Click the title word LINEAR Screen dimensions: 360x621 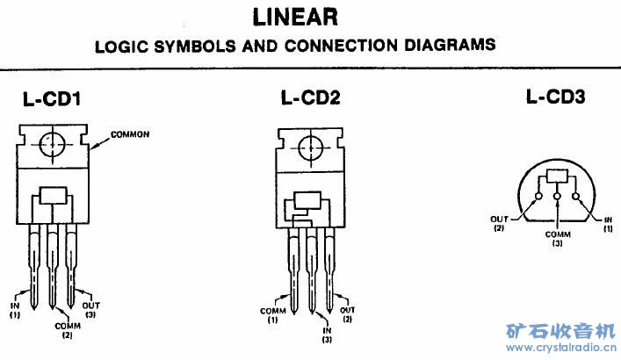click(x=295, y=17)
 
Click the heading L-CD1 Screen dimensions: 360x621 click(x=52, y=101)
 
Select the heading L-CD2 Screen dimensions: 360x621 click(x=311, y=98)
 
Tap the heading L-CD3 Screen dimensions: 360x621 click(x=555, y=97)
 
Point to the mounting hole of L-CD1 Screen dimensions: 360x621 click(x=54, y=143)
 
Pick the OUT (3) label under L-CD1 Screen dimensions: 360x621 click(x=90, y=308)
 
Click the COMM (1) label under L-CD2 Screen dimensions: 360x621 click(x=273, y=313)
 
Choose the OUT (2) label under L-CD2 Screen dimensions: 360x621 click(x=348, y=313)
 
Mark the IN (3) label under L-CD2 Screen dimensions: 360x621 click(x=327, y=334)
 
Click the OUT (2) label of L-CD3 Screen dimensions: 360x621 click(x=498, y=223)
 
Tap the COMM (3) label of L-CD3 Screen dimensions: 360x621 click(x=559, y=239)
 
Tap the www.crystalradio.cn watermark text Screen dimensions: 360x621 click(x=562, y=349)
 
